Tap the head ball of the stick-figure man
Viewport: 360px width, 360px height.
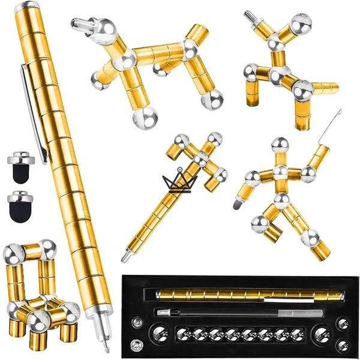tap(279, 144)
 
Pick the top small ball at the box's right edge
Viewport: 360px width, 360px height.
tap(343, 323)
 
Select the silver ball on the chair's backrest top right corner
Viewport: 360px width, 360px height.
tap(47, 247)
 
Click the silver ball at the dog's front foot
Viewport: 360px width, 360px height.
tap(145, 116)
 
